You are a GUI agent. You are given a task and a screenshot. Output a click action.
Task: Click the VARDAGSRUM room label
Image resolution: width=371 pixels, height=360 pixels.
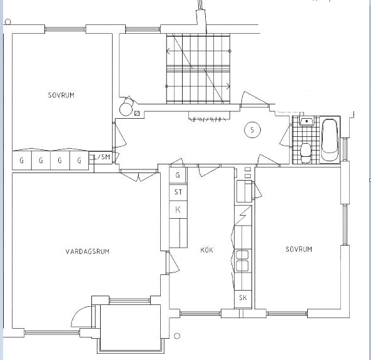click(x=88, y=251)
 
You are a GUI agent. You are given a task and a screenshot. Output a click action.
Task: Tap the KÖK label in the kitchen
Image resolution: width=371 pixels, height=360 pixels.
click(x=206, y=250)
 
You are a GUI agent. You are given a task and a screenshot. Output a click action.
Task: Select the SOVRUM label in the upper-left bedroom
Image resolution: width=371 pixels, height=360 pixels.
click(x=61, y=95)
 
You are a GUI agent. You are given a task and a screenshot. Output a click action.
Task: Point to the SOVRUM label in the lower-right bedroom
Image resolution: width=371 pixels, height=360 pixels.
click(x=299, y=249)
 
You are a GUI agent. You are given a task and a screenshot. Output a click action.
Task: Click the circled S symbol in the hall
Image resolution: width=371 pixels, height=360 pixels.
click(x=252, y=130)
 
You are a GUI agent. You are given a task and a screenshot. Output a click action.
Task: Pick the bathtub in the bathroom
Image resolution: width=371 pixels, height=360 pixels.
click(x=330, y=139)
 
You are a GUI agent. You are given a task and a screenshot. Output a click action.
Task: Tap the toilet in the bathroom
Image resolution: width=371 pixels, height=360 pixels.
click(x=305, y=153)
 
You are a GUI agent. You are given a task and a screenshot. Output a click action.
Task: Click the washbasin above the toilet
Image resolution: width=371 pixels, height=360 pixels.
click(x=307, y=121)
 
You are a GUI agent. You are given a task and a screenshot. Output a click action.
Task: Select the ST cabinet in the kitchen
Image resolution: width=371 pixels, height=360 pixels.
click(x=178, y=192)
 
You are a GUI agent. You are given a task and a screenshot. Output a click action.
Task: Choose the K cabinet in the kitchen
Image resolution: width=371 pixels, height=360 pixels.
click(x=178, y=209)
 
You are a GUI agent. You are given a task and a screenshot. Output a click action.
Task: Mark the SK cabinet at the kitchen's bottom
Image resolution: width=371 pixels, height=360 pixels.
click(x=243, y=298)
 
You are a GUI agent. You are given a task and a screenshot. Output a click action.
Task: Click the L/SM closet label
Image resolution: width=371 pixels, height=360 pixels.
click(x=102, y=157)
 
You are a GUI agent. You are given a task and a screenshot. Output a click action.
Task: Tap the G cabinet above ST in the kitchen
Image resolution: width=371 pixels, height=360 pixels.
click(x=178, y=175)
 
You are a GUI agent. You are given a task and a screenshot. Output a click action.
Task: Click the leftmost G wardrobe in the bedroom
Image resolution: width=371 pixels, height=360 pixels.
click(x=22, y=160)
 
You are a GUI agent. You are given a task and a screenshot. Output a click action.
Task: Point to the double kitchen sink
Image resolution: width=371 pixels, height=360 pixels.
click(x=242, y=261)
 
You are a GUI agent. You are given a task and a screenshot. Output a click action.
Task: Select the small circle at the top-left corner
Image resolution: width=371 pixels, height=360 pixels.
click(x=8, y=22)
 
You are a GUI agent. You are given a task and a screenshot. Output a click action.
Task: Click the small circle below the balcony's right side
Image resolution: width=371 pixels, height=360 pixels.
click(x=177, y=336)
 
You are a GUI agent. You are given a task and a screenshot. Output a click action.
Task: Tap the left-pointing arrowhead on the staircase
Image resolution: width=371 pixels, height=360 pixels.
click(x=168, y=51)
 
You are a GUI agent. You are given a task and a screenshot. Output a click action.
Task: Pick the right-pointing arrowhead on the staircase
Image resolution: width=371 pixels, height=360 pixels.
click(x=228, y=86)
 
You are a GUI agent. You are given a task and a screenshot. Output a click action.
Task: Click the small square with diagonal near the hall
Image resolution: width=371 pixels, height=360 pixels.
click(x=137, y=114)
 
